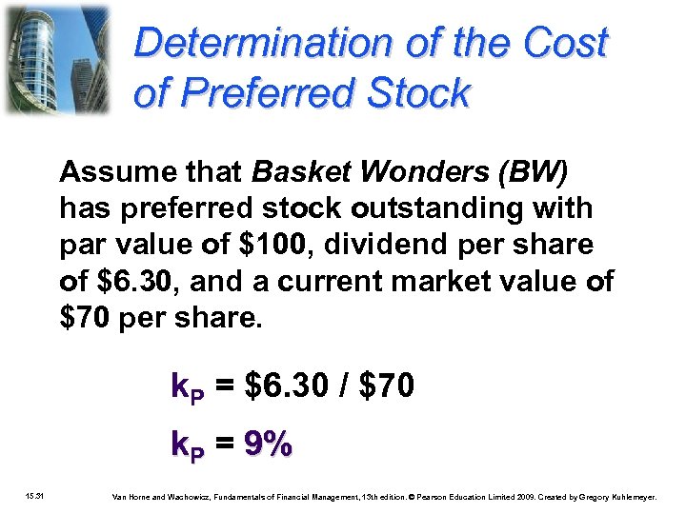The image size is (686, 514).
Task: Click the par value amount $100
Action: (271, 244)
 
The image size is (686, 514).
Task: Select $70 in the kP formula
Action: (387, 386)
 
